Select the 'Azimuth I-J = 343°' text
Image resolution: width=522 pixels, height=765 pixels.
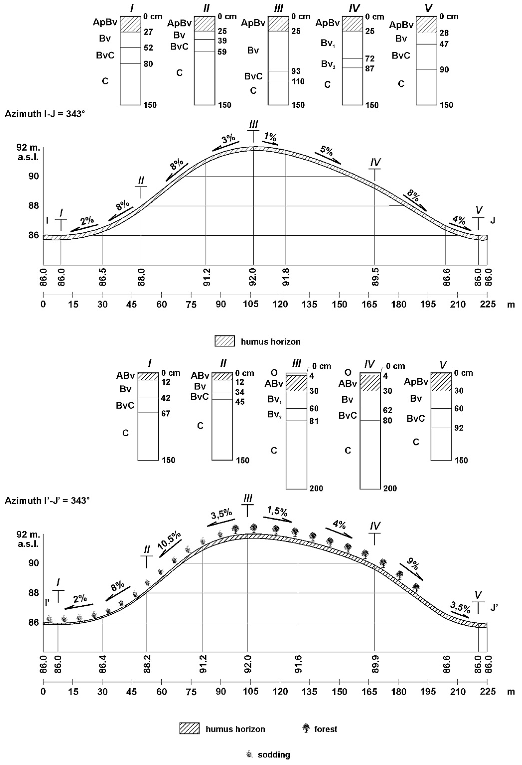pos(45,115)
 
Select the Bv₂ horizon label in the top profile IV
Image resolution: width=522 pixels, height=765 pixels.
pos(328,64)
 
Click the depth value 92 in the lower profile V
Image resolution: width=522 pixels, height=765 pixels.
pos(458,428)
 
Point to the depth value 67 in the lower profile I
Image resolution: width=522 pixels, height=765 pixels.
pos(166,413)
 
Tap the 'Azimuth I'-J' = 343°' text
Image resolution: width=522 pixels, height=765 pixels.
pos(47,501)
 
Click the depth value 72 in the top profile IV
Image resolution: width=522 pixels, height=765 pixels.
pos(370,59)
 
